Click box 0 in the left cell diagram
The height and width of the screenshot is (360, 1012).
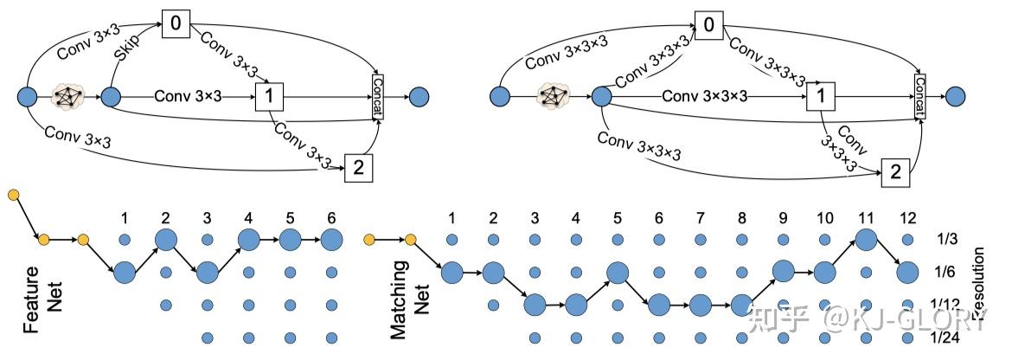(176, 25)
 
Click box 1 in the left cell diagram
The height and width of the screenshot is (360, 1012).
(270, 97)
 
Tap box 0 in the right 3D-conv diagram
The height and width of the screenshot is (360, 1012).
(708, 25)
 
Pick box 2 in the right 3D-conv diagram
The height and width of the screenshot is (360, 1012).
(895, 172)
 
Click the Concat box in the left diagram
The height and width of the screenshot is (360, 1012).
(377, 95)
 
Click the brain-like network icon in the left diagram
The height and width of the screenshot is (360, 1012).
(68, 96)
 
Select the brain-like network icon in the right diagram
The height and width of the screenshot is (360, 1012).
(551, 96)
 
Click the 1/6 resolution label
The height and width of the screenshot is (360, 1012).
(946, 273)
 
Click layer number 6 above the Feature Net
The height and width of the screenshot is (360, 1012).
(330, 216)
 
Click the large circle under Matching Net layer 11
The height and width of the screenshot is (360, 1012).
(866, 240)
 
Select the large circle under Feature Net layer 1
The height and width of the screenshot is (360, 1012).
(125, 273)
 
